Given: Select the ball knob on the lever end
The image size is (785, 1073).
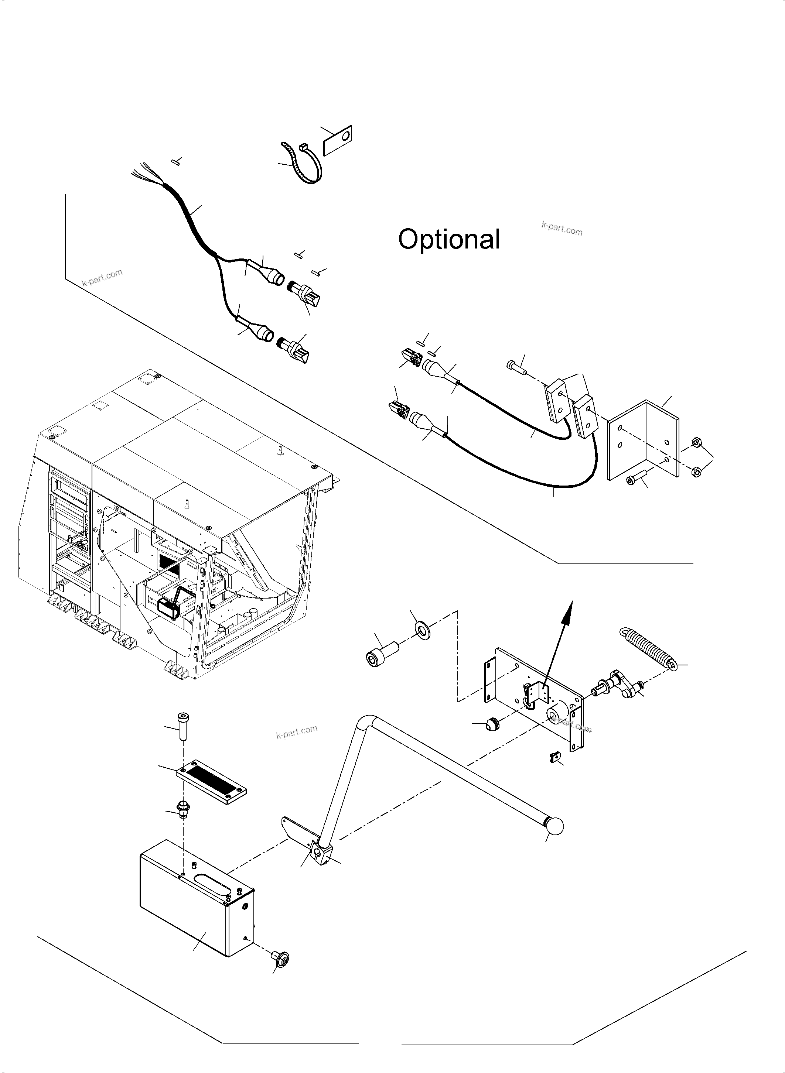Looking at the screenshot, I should pyautogui.click(x=554, y=826).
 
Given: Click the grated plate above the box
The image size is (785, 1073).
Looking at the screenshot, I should pyautogui.click(x=211, y=781).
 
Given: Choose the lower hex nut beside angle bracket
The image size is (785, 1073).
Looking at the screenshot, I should pyautogui.click(x=696, y=472).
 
